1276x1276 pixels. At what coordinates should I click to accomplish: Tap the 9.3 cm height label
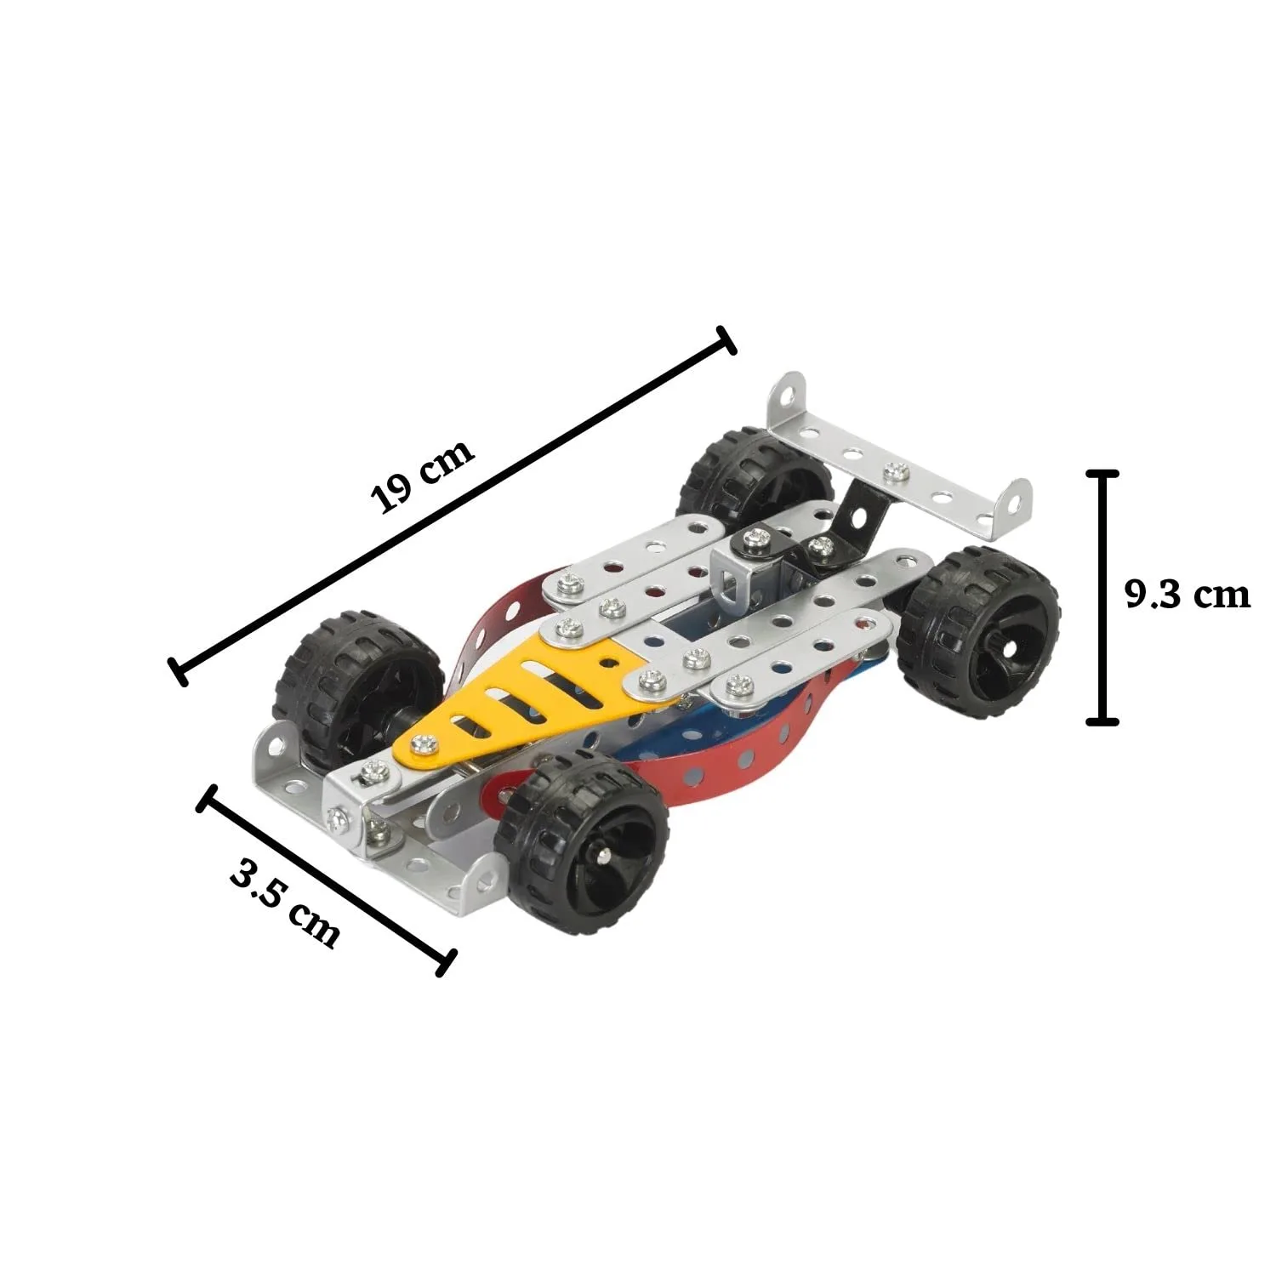(x=1188, y=595)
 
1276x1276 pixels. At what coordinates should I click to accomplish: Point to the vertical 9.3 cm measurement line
(x=1102, y=595)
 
